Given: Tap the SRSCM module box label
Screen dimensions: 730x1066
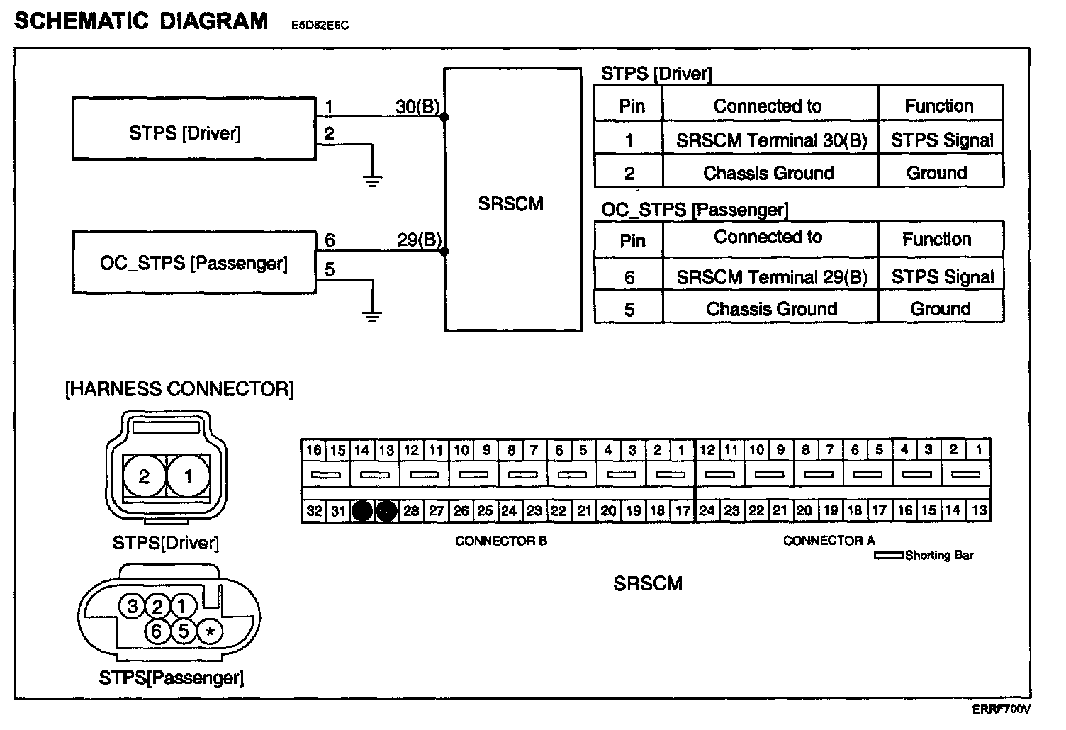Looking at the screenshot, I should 510,204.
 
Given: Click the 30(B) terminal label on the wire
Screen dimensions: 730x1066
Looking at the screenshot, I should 417,106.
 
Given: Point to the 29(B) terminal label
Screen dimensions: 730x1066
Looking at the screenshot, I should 419,240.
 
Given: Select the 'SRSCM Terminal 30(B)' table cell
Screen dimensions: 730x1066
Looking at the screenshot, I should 770,140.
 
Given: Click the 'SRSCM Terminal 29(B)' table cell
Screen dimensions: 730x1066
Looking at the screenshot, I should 771,276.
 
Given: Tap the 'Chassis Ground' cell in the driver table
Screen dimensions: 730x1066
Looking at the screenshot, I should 768,173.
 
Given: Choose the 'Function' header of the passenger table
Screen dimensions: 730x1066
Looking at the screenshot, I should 936,239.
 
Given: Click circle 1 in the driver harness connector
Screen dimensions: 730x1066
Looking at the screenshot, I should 188,476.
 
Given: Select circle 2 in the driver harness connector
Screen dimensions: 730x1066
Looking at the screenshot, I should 144,476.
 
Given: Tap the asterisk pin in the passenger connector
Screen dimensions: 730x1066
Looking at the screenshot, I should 209,631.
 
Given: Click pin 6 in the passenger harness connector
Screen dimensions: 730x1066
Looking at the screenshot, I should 157,629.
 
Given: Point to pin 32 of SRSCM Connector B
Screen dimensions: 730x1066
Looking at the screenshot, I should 314,510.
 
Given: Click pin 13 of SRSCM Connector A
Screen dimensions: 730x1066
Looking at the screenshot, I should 979,510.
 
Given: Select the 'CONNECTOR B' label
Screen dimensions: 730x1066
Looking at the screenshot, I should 500,541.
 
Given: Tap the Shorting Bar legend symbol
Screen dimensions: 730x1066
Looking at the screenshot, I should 889,556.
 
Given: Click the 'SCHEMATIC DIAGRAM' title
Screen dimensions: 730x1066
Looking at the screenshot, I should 141,21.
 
